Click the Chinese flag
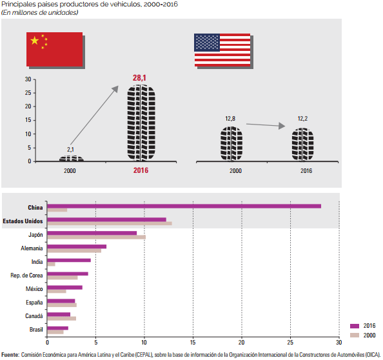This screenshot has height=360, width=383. pyautogui.click(x=54, y=50)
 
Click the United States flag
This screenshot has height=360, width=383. pyautogui.click(x=222, y=50)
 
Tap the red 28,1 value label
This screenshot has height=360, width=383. pyautogui.click(x=139, y=77)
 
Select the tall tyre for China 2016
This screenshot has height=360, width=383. pyautogui.click(x=141, y=123)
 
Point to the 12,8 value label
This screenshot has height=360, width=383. pyautogui.click(x=230, y=119)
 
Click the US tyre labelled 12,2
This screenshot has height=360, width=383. pyautogui.click(x=302, y=145)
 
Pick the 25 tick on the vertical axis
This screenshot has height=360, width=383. pyautogui.click(x=28, y=93)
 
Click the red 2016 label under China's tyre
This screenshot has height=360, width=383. pyautogui.click(x=141, y=170)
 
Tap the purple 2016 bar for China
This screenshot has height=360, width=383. pyautogui.click(x=184, y=206)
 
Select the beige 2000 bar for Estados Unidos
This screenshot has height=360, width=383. pyautogui.click(x=110, y=223)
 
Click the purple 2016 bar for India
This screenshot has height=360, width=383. pyautogui.click(x=69, y=260)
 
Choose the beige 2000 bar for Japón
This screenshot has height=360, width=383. pyautogui.click(x=97, y=237)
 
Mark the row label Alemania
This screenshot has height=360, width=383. pyautogui.click(x=32, y=248)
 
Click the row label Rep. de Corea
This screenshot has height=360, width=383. pyautogui.click(x=26, y=275)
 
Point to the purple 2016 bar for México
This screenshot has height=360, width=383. pyautogui.click(x=65, y=287)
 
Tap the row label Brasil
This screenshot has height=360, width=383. pyautogui.click(x=36, y=330)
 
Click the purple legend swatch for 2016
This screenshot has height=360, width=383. pyautogui.click(x=355, y=326)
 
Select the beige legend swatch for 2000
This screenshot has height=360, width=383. pyautogui.click(x=355, y=335)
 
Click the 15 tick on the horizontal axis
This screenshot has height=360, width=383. pyautogui.click(x=193, y=343)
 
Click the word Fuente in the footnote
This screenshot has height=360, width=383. pyautogui.click(x=10, y=355)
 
